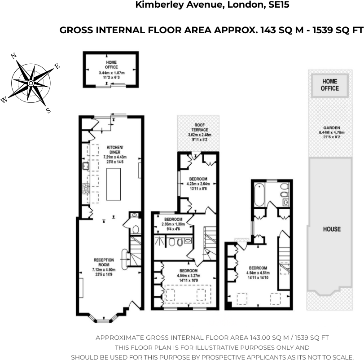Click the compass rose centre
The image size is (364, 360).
tap(31, 83)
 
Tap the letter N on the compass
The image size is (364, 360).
tap(13, 56)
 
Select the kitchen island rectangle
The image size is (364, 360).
tap(114, 182)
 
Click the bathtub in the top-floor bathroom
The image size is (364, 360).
tap(259, 194)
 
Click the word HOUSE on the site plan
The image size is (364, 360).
tap(332, 229)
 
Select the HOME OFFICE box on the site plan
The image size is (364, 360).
tap(330, 84)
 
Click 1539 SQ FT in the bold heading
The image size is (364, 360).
tap(336, 31)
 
